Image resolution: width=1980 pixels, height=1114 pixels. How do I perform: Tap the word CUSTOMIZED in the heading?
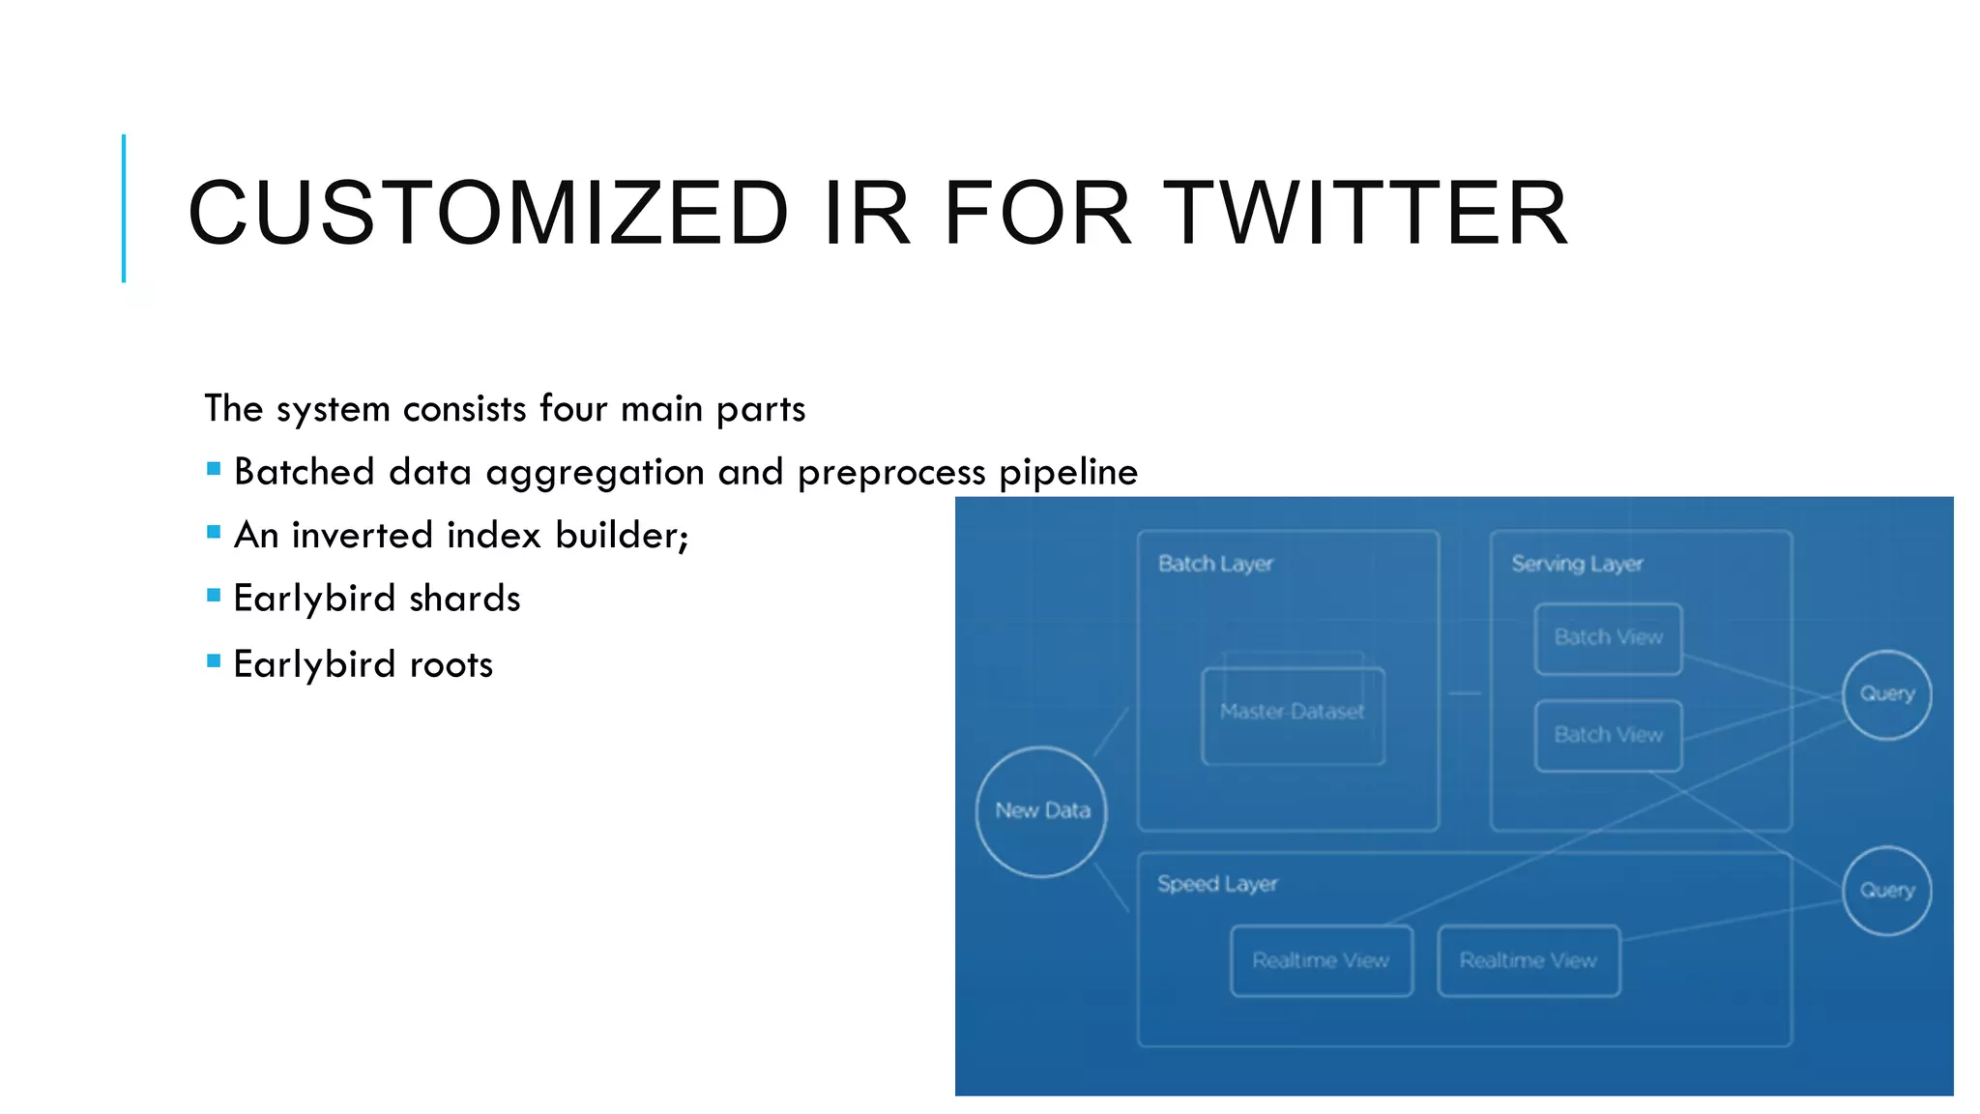click(x=488, y=213)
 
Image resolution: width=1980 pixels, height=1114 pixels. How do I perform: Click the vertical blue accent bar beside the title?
click(x=124, y=208)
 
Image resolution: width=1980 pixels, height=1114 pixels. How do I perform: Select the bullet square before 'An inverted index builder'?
click(x=214, y=532)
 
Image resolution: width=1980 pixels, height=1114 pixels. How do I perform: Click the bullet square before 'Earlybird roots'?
click(x=214, y=661)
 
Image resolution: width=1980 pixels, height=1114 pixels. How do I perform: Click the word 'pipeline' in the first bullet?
click(x=1067, y=473)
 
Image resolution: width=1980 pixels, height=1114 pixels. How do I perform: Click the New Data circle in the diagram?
click(x=1041, y=811)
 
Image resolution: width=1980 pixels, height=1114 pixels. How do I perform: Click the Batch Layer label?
click(x=1215, y=564)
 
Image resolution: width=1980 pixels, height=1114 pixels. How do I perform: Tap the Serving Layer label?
click(x=1577, y=564)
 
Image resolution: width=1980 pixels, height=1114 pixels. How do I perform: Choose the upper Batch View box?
click(x=1608, y=638)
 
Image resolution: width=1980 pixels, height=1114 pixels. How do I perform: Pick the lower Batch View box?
click(x=1608, y=735)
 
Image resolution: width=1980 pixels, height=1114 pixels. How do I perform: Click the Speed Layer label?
click(x=1217, y=884)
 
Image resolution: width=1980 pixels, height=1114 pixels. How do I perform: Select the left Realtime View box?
click(x=1321, y=960)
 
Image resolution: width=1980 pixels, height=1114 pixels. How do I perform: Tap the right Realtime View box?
click(x=1528, y=960)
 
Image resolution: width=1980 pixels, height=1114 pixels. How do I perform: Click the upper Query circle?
click(x=1886, y=694)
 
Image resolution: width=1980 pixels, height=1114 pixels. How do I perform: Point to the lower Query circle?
click(x=1886, y=891)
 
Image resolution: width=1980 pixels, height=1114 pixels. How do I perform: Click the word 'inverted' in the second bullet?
click(x=363, y=535)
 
